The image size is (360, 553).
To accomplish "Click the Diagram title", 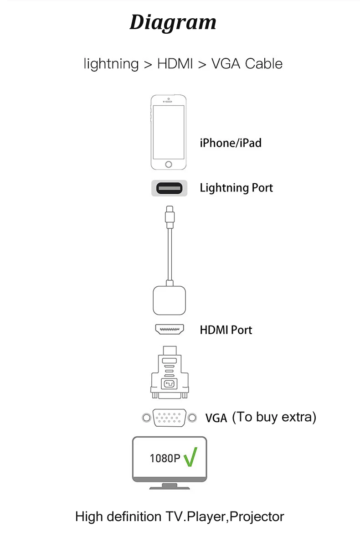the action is (173, 22).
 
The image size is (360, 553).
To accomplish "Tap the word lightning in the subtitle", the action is (111, 64).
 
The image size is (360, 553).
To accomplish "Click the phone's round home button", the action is (169, 163).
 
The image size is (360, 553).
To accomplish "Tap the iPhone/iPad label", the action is (231, 143).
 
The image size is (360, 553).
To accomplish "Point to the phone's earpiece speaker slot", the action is (169, 102).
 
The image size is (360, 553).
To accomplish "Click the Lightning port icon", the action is (169, 187).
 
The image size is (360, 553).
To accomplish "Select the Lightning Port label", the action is (236, 187).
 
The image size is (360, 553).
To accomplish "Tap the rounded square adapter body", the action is (169, 300).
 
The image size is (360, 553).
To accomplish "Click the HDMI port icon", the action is (170, 329).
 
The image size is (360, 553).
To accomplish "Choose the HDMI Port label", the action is (226, 330).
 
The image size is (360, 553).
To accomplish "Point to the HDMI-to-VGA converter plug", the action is (170, 372).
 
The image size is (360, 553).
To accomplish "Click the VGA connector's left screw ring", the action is (146, 417).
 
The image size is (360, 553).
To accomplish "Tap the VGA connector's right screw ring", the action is (193, 417).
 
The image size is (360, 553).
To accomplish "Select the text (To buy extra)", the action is (274, 416).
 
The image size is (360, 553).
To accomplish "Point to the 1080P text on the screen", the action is (165, 458).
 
